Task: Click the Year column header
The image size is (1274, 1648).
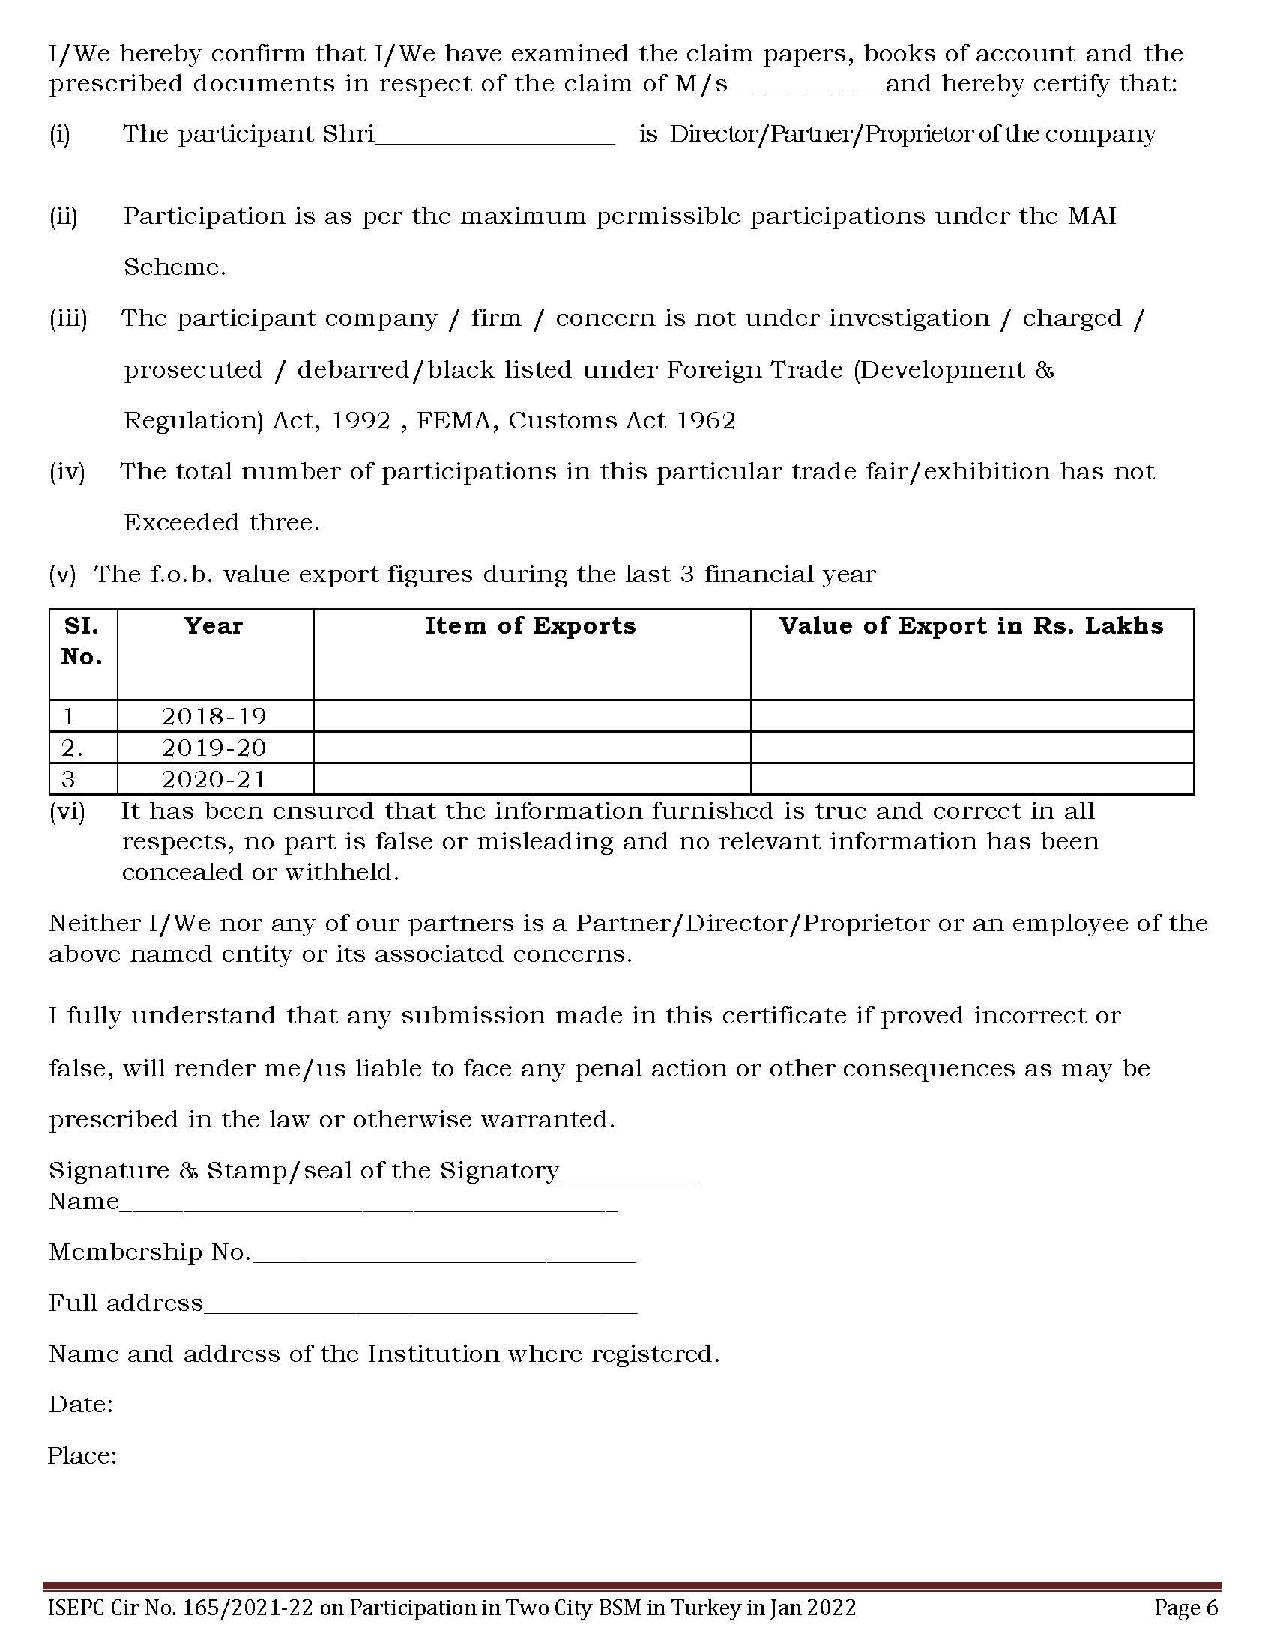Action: tap(214, 626)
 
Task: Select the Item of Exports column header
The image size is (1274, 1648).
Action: tap(531, 626)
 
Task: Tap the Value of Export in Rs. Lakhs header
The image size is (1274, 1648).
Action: tap(971, 626)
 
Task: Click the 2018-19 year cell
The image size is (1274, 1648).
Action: tap(214, 716)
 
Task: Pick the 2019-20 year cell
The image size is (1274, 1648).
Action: tap(214, 748)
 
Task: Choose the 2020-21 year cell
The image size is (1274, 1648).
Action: tap(214, 780)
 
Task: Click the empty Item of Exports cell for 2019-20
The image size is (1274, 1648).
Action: tap(531, 748)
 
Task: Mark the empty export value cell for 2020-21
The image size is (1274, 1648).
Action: tap(971, 780)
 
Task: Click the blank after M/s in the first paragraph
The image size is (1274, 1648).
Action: tap(809, 88)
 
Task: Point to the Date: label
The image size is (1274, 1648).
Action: tap(81, 1405)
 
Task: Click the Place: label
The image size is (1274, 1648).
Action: tap(82, 1455)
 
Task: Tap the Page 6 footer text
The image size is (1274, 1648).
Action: tap(1186, 1608)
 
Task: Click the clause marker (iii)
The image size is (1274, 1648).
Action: tap(69, 319)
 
